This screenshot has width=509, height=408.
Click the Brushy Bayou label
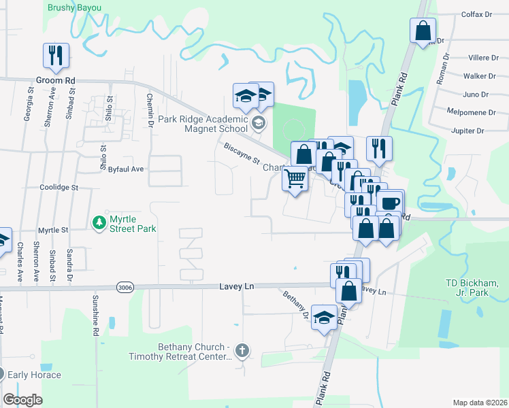pyautogui.click(x=74, y=8)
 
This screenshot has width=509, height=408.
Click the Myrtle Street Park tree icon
pyautogui.click(x=99, y=222)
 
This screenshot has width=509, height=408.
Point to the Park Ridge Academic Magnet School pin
pyautogui.click(x=258, y=123)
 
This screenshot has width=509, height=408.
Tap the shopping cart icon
pyautogui.click(x=295, y=179)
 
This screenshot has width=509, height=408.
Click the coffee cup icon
pyautogui.click(x=391, y=203)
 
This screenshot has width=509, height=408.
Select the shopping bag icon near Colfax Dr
pyautogui.click(x=423, y=30)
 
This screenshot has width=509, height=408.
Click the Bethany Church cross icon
pyautogui.click(x=242, y=351)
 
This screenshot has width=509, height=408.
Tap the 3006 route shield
pyautogui.click(x=124, y=287)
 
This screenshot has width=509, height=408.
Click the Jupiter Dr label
pyautogui.click(x=465, y=131)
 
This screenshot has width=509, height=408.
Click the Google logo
pyautogui.click(x=23, y=400)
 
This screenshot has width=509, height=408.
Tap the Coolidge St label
pyautogui.click(x=59, y=187)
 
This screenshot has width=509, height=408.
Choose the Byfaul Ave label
pyautogui.click(x=126, y=169)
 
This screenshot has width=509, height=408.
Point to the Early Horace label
pyautogui.click(x=34, y=375)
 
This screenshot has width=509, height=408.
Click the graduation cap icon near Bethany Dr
pyautogui.click(x=325, y=318)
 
